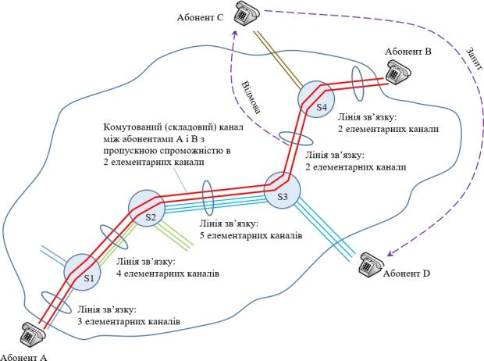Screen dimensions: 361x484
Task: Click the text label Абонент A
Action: point(24,356)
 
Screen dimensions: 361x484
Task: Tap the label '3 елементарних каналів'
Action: point(129,321)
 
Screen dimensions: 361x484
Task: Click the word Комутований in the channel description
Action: point(128,127)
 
